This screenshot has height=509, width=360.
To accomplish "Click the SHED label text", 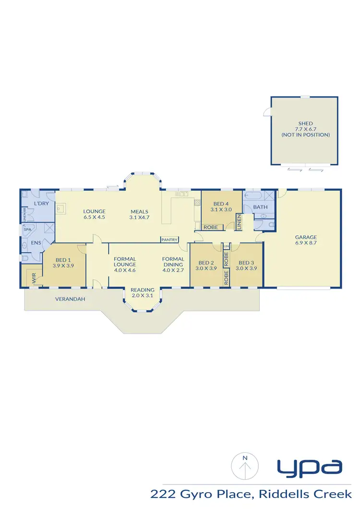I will coord(305,124).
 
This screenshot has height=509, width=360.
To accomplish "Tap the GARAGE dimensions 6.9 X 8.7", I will coord(305,243).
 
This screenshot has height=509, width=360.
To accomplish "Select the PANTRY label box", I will coord(170,240).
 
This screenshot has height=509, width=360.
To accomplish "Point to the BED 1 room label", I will coord(62,259).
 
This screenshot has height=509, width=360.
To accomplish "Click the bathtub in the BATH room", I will coord(253,196).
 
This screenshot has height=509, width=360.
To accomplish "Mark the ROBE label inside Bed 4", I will coord(210,227).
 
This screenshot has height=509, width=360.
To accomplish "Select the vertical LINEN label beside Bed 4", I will coord(239,222).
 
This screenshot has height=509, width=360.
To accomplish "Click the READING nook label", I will coord(143,290).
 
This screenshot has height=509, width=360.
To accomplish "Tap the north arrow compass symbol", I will coord(245,465).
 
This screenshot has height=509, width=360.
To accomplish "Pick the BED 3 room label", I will coord(247,262).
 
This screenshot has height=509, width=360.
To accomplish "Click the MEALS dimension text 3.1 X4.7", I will coord(140,217).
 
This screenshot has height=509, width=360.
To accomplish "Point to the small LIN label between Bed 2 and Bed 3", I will coord(227,246).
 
